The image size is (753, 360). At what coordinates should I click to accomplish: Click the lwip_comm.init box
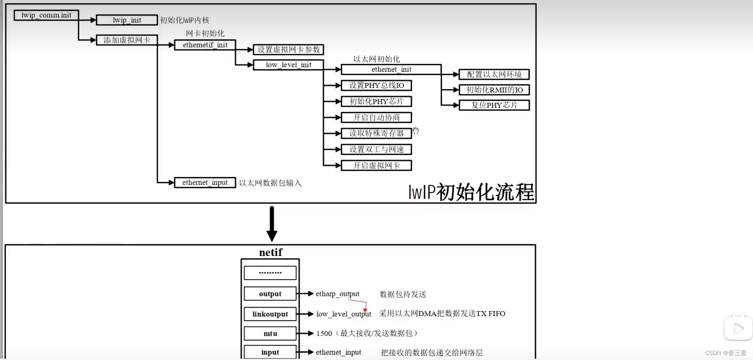[x=46, y=15]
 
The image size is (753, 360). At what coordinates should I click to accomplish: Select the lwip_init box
[x=127, y=20]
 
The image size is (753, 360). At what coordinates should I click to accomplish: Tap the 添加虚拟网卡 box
[x=127, y=40]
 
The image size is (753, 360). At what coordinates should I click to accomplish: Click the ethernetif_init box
[x=205, y=45]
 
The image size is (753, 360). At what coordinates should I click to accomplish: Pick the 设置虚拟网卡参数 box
[x=288, y=50]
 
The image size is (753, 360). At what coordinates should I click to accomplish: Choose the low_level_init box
[x=288, y=65]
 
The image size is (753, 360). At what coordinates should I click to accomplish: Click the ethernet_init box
[x=391, y=70]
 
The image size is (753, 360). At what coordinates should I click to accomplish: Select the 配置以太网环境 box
[x=494, y=75]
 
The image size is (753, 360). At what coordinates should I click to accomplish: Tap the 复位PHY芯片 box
[x=494, y=105]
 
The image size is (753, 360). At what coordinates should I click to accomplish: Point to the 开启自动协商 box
[x=376, y=118]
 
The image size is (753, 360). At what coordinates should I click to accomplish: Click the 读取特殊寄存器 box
[x=376, y=133]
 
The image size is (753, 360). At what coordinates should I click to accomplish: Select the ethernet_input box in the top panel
[x=205, y=183]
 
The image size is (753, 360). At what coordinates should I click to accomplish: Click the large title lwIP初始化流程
[x=471, y=192]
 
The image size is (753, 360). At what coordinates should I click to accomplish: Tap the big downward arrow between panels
[x=272, y=224]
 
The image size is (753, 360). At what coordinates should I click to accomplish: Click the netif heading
[x=270, y=252]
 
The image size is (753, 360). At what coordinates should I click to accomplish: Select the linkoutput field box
[x=270, y=314]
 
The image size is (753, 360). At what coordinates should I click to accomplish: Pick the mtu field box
[x=270, y=333]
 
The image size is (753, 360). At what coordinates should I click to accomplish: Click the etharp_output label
[x=337, y=294]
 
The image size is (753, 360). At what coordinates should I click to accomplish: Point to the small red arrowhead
[x=365, y=309]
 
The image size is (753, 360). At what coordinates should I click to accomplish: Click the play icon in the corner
[x=738, y=329]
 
